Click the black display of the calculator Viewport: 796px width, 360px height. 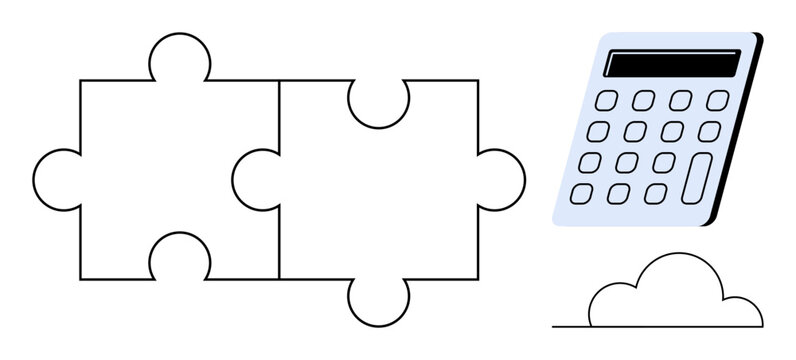click(674, 64)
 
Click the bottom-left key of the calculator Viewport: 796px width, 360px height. click(583, 192)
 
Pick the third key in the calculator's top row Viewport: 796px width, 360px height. click(681, 99)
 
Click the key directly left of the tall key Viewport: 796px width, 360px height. click(663, 162)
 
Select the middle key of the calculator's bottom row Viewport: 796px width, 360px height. click(619, 193)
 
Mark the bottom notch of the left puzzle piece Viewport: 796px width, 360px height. click(179, 258)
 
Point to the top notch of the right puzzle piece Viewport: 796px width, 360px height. click(378, 102)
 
